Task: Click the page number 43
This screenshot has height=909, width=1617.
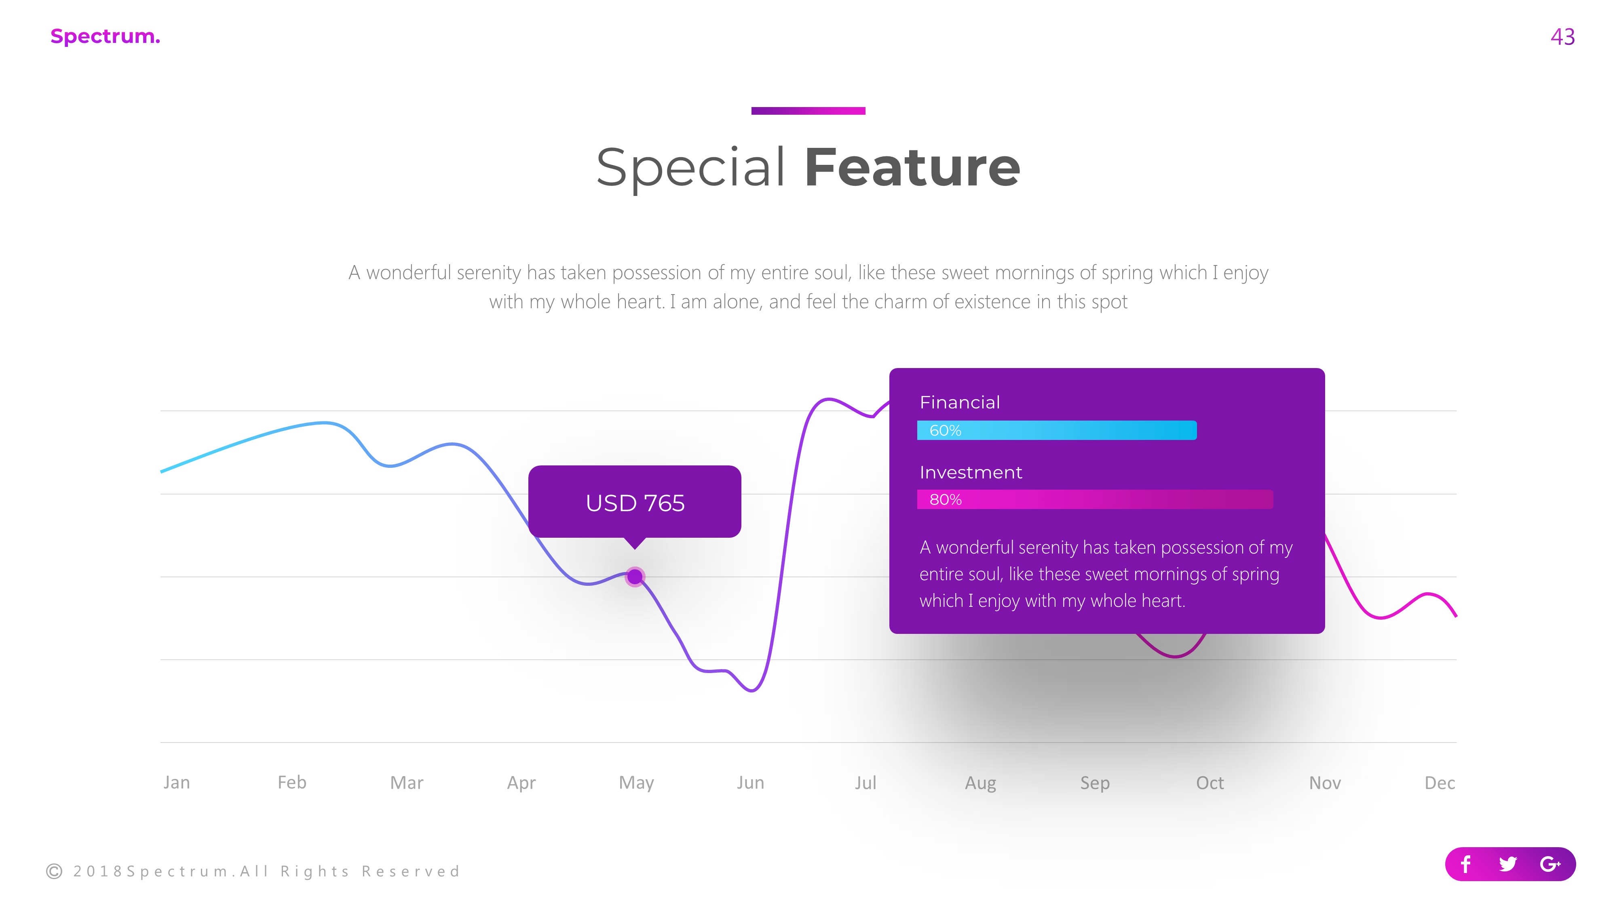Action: click(x=1562, y=37)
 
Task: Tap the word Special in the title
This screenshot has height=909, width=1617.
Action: click(x=690, y=168)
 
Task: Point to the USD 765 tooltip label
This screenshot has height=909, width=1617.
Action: click(x=635, y=503)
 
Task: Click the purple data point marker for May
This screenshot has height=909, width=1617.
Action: click(x=635, y=577)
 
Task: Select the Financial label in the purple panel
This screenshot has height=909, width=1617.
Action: click(x=959, y=402)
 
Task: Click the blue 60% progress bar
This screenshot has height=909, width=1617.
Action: click(x=1056, y=430)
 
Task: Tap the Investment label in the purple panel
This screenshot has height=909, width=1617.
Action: click(x=971, y=472)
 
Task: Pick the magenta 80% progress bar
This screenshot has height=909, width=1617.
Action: click(x=1095, y=499)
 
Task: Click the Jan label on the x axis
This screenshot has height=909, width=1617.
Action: click(x=176, y=782)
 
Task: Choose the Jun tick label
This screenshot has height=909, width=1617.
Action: click(x=750, y=782)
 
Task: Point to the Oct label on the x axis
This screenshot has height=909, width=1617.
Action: click(x=1210, y=782)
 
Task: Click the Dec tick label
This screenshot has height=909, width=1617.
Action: click(x=1440, y=782)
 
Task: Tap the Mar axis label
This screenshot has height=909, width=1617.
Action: click(x=407, y=782)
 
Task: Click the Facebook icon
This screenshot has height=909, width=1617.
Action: click(x=1466, y=865)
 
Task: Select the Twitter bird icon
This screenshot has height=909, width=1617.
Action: click(x=1508, y=865)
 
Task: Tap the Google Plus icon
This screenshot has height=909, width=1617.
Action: click(x=1550, y=865)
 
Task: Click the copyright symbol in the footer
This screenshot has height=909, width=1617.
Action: click(x=55, y=871)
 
